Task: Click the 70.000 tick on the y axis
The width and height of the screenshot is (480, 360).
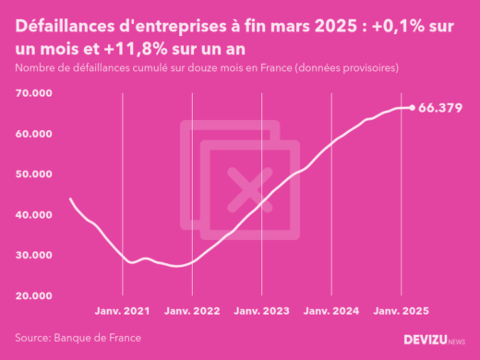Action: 32,94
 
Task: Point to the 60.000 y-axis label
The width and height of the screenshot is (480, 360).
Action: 32,134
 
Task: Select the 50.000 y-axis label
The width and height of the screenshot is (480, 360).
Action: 32,174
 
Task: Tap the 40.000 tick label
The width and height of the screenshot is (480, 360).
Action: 32,215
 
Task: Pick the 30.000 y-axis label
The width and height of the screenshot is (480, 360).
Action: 32,255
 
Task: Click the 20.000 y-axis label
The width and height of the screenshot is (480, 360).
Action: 32,295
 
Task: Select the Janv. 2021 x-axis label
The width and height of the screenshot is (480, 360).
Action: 123,313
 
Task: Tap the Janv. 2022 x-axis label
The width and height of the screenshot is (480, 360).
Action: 193,313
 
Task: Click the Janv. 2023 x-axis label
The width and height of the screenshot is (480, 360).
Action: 262,313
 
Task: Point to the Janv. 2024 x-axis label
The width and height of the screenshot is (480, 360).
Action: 331,313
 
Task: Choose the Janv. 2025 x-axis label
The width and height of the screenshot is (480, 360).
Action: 401,313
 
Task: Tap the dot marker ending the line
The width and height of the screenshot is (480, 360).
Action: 412,108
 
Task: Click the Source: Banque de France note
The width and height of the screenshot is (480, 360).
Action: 78,338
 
